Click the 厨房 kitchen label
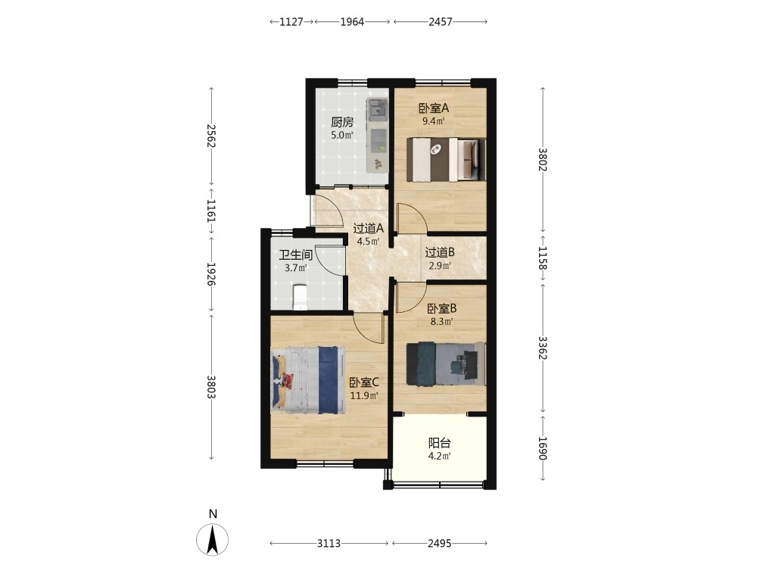342,123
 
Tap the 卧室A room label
434,108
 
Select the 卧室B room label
442,308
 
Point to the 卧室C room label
364,383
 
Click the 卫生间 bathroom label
295,255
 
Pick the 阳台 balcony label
440,442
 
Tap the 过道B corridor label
440,252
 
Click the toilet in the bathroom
300,297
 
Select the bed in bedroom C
308,380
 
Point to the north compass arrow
213,539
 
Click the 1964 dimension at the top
352,22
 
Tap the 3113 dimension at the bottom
329,543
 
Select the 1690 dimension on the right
542,448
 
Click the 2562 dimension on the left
211,136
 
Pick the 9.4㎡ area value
434,121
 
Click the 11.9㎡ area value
364,396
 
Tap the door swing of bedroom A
411,217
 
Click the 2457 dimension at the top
441,22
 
